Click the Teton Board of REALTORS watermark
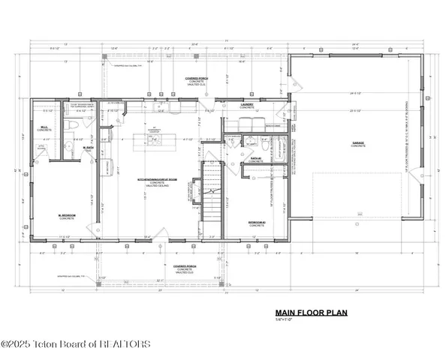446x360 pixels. point(75,345)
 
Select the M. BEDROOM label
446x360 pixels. point(68,217)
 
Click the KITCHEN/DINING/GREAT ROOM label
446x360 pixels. point(152,181)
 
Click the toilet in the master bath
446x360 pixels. point(67,145)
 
